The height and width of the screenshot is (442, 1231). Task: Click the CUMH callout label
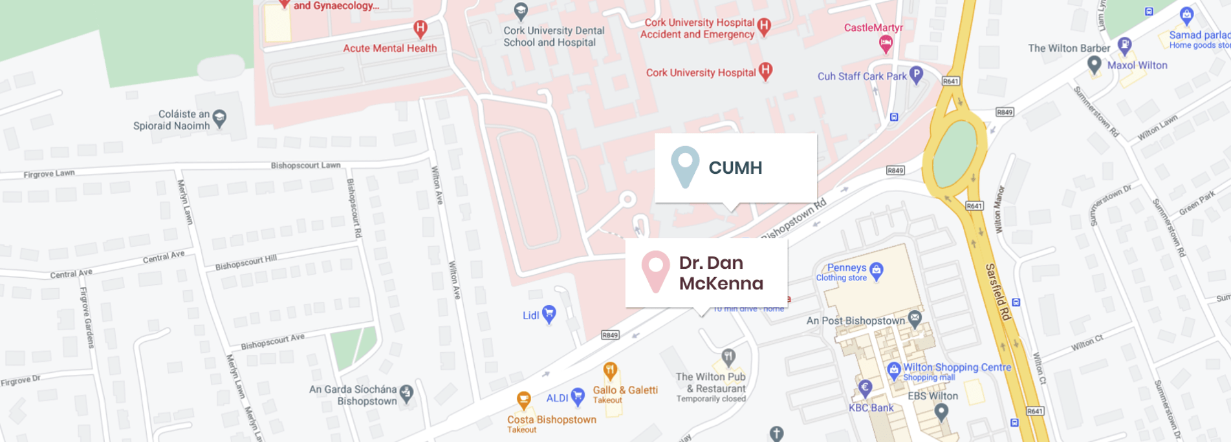[x=735, y=168]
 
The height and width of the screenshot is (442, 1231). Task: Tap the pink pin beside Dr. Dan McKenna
[x=655, y=270]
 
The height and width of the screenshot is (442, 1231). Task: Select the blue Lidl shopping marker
[x=549, y=315]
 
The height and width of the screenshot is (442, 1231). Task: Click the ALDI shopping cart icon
[x=578, y=396]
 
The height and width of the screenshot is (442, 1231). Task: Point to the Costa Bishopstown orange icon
[x=524, y=401]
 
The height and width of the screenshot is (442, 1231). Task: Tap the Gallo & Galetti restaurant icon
[x=610, y=371]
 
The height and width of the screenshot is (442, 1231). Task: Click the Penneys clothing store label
[x=846, y=268]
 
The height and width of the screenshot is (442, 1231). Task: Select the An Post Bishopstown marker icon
[x=915, y=318]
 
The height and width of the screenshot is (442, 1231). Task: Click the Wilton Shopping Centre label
[x=957, y=368]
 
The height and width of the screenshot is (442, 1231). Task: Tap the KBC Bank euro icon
[x=865, y=388]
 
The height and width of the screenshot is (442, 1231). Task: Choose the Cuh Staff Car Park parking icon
[x=916, y=74]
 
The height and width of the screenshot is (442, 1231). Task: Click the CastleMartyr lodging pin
[x=886, y=43]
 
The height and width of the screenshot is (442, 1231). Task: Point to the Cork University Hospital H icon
[x=765, y=71]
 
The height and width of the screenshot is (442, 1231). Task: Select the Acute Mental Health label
[x=389, y=48]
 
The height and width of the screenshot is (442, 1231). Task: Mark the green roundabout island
[x=955, y=154]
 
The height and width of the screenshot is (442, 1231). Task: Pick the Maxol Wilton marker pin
[x=1094, y=65]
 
